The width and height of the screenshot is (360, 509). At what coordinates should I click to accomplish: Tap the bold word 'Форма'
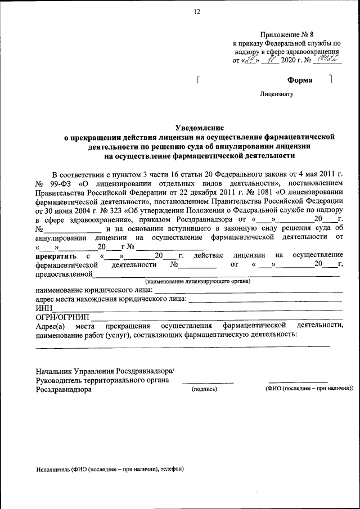click(299, 80)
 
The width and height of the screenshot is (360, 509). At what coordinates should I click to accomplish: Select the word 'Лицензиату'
click(277, 94)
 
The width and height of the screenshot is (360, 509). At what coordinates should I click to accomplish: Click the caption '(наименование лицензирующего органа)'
click(197, 281)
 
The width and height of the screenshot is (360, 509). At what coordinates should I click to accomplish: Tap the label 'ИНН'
click(43, 308)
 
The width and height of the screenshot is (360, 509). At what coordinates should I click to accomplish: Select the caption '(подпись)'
click(204, 389)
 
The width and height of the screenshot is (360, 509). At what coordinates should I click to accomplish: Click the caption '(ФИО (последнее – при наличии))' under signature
click(309, 389)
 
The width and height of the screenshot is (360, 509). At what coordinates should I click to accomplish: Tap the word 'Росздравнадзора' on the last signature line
click(63, 389)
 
